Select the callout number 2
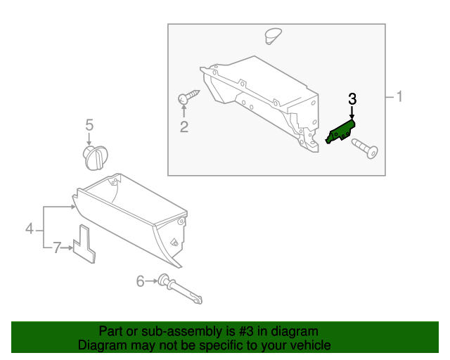pyautogui.click(x=184, y=127)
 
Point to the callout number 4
pyautogui.click(x=30, y=228)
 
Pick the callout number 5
pyautogui.click(x=89, y=125)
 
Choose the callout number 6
pyautogui.click(x=140, y=281)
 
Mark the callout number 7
pyautogui.click(x=58, y=247)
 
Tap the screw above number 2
pyautogui.click(x=188, y=96)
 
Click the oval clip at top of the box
pyautogui.click(x=271, y=34)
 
